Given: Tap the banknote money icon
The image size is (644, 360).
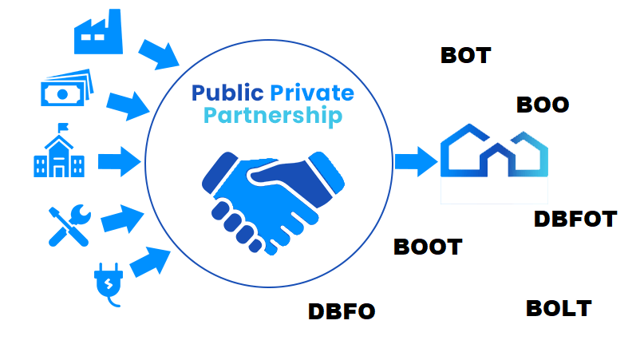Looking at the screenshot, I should pyautogui.click(x=66, y=89).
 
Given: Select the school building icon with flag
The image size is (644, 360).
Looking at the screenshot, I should pyautogui.click(x=59, y=152).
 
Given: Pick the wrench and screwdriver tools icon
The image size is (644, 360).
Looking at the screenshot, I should pyautogui.click(x=69, y=223).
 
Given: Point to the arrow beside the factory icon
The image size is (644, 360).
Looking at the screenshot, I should pyautogui.click(x=159, y=53).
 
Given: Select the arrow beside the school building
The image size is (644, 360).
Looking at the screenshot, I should pyautogui.click(x=119, y=161).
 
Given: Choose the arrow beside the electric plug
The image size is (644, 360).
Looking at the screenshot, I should pyautogui.click(x=150, y=261).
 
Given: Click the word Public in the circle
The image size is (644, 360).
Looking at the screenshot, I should pyautogui.click(x=227, y=92).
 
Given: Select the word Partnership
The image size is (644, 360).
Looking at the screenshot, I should pyautogui.click(x=272, y=116).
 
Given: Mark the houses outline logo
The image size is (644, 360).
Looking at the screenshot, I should pyautogui.click(x=494, y=151).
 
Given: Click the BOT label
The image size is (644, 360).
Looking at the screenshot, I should pyautogui.click(x=465, y=55).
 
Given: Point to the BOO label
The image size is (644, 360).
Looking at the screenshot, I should pyautogui.click(x=543, y=105).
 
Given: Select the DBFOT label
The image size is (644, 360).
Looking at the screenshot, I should pyautogui.click(x=575, y=219).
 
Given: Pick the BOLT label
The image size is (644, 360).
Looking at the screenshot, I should pyautogui.click(x=559, y=308).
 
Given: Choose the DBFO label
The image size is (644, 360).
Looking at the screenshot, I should pyautogui.click(x=341, y=311).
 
